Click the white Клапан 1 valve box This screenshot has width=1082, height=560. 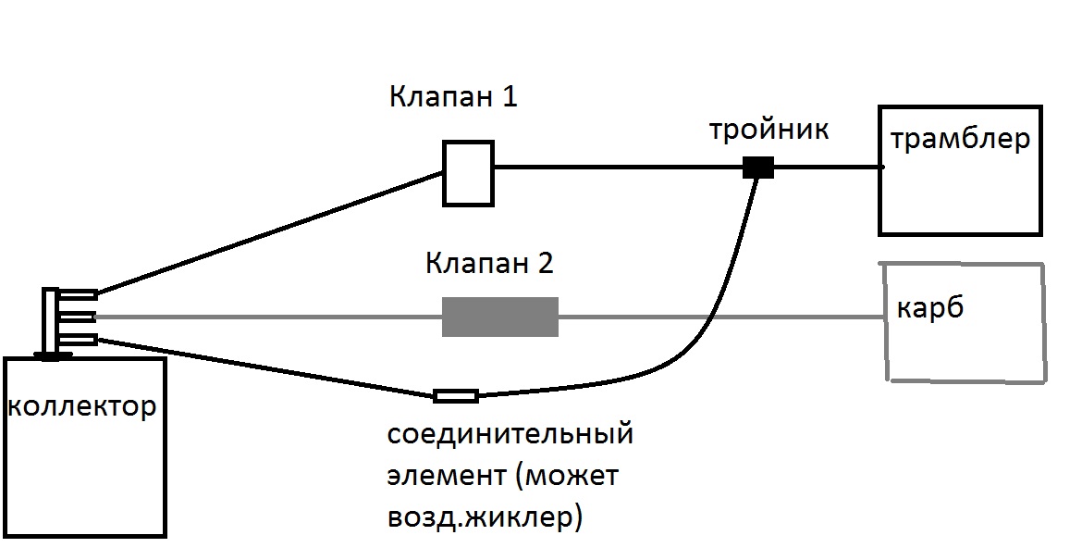point(468,172)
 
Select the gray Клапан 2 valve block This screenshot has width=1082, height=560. point(500,317)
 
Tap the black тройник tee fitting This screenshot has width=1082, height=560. point(758,168)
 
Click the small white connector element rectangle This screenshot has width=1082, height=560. point(456,396)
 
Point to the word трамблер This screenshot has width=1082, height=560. point(959,141)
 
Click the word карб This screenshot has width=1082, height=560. point(930,306)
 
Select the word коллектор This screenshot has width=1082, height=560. point(81,406)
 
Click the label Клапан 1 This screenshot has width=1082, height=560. point(452,96)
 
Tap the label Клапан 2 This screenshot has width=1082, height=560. point(489,264)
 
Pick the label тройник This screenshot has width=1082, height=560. point(768,130)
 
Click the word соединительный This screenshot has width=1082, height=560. point(510,434)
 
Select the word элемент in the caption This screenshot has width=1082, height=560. point(442,477)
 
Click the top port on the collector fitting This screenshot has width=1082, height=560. point(81,295)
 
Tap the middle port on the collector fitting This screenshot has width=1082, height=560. point(81,317)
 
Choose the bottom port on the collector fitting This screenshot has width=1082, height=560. point(81,340)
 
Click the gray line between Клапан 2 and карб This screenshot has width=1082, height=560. point(721,317)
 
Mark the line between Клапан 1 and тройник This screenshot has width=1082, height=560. point(620,168)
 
